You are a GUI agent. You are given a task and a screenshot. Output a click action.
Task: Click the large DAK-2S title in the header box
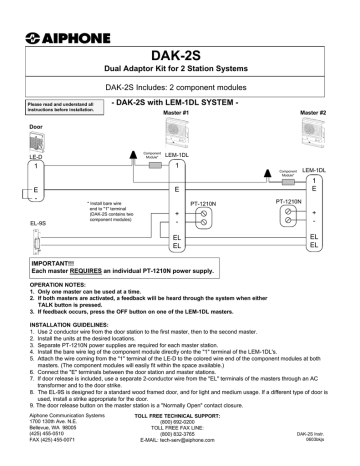tap(181, 56)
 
